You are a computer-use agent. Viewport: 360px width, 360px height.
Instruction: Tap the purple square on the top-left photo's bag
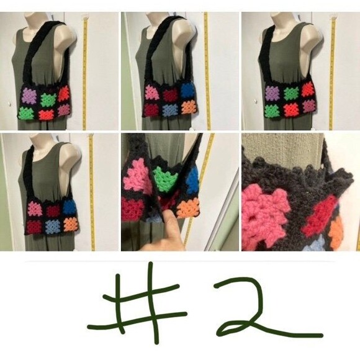29,95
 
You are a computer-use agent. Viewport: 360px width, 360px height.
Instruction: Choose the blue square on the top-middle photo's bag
187,91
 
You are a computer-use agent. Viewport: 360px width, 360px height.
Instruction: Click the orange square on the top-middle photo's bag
189,107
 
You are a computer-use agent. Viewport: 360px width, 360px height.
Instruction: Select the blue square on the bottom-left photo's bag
68,207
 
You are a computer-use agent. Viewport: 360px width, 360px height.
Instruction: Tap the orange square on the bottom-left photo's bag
70,223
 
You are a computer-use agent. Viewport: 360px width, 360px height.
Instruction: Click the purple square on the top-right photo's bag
272,94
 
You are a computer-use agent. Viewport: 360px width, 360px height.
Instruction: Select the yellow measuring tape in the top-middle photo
206,68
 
